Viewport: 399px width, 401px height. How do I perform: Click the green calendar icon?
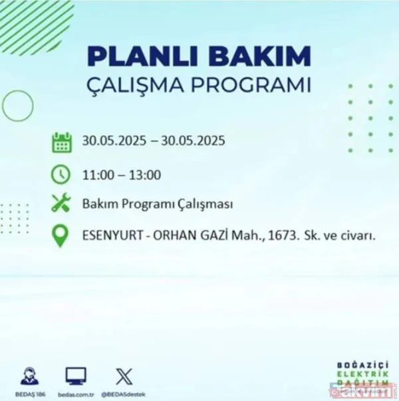click(x=61, y=141)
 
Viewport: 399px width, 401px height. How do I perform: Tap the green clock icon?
click(x=61, y=174)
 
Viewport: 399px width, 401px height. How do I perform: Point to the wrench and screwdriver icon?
click(x=61, y=204)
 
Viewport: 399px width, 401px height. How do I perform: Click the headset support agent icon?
click(x=29, y=376)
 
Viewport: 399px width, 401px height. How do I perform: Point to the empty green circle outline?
click(x=17, y=104)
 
